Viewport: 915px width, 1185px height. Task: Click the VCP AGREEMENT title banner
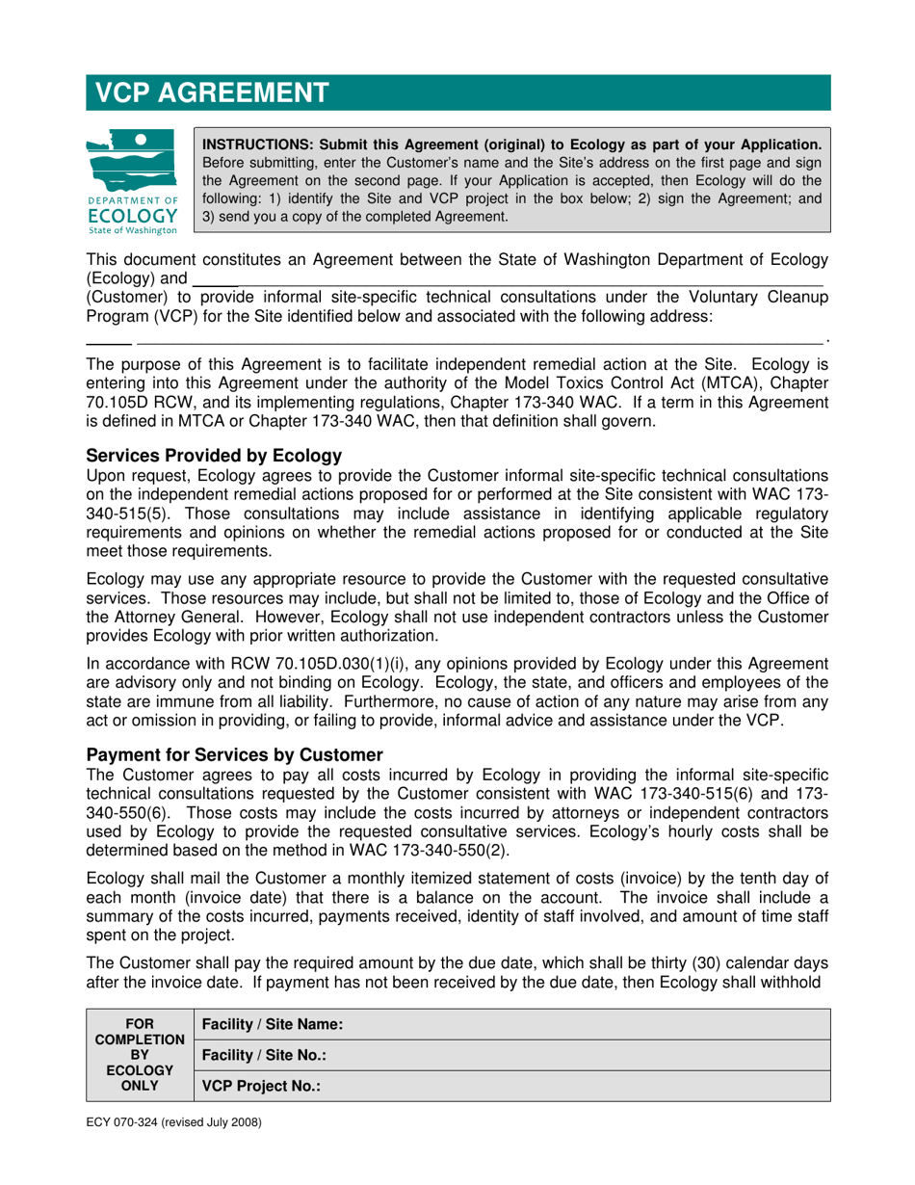(x=457, y=92)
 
